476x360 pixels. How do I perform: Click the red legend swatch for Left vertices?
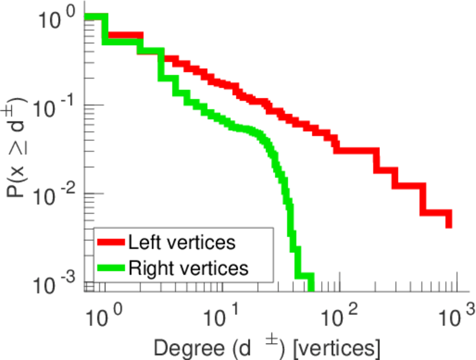point(111,242)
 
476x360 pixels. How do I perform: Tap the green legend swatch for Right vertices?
point(111,267)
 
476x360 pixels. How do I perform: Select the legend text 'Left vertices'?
point(181,242)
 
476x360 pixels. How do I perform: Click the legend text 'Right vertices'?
point(188,268)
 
